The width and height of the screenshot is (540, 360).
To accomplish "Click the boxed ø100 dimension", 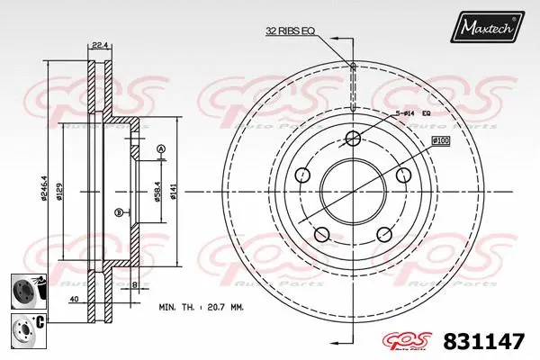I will click(x=441, y=141).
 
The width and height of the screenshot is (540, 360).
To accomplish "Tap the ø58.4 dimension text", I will click(x=158, y=191).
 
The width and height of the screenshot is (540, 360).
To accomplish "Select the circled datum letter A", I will click(x=161, y=148).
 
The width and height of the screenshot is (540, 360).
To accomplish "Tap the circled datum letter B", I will click(x=119, y=212).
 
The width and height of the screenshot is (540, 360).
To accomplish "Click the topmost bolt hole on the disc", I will click(x=353, y=138).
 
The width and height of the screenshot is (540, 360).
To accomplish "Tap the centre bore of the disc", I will click(x=353, y=192).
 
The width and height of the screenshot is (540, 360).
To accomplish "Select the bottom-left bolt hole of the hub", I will click(x=321, y=235).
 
